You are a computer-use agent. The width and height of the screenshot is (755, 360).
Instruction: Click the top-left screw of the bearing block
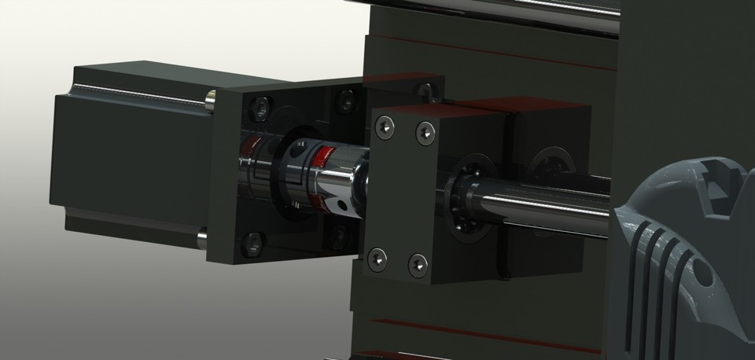pyautogui.click(x=385, y=124)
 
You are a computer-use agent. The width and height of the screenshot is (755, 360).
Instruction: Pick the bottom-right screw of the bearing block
pyautogui.click(x=418, y=263)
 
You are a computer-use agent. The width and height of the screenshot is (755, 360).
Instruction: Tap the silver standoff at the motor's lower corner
pyautogui.click(x=202, y=234)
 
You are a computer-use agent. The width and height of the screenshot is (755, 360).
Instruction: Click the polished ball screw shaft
pyautogui.click(x=551, y=201)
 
